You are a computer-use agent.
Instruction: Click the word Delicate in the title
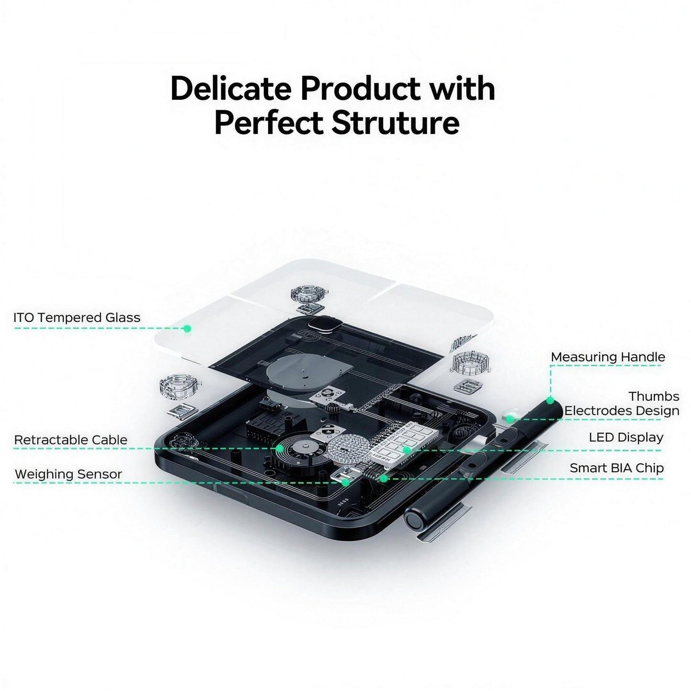pos(230,88)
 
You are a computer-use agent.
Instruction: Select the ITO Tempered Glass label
pos(77,318)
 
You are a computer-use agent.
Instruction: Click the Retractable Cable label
pos(71,440)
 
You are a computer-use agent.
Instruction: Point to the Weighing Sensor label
pos(68,474)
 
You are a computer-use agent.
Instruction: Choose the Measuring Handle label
pos(608,357)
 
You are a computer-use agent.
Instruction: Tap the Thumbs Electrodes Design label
pos(622,404)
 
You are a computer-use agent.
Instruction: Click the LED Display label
pos(626,438)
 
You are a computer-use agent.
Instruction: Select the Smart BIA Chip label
pos(617,468)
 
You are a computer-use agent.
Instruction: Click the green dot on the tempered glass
pos(187,328)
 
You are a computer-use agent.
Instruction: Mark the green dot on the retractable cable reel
pos(280,449)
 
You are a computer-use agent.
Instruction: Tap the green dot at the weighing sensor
pos(346,483)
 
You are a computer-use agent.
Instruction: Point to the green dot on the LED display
pos(406,450)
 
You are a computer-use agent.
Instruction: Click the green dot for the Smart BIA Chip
pos(384,478)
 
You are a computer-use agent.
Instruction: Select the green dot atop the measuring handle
pos(550,401)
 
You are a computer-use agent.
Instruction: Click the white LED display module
pos(404,443)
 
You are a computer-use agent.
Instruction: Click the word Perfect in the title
pos(269,123)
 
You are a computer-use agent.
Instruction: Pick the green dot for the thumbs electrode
pos(510,418)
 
